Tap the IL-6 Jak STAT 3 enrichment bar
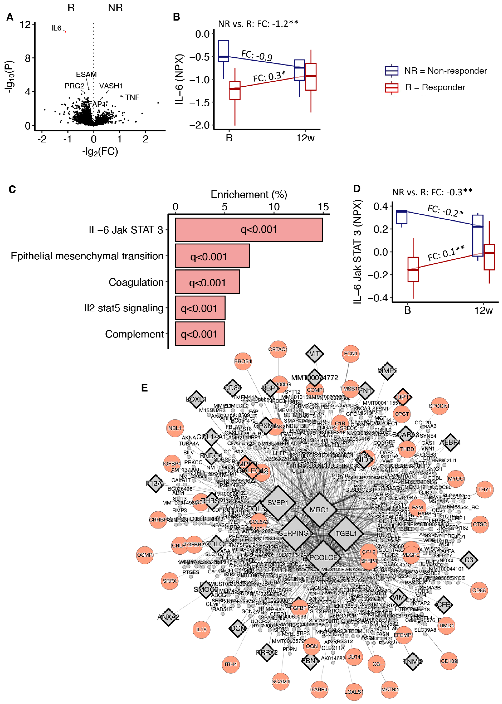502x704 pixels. (x=249, y=229)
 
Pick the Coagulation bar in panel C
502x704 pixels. (x=207, y=282)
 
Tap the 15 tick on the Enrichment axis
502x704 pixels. (x=323, y=207)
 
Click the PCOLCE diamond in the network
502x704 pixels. (x=323, y=558)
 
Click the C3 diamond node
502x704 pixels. (x=469, y=560)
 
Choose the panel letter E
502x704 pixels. (x=144, y=388)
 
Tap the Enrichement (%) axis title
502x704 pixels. (x=249, y=194)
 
